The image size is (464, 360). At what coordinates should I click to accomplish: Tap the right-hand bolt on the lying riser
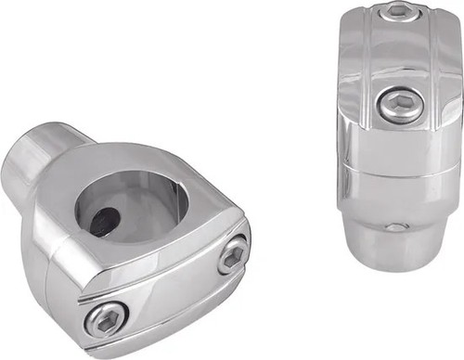(x=232, y=254)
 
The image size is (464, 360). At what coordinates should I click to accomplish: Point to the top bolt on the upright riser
(x=396, y=11)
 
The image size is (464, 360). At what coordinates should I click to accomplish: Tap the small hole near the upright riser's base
(x=396, y=226)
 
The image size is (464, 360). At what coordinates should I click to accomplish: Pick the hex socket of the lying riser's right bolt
(x=232, y=254)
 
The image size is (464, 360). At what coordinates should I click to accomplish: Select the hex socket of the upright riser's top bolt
(x=396, y=11)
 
